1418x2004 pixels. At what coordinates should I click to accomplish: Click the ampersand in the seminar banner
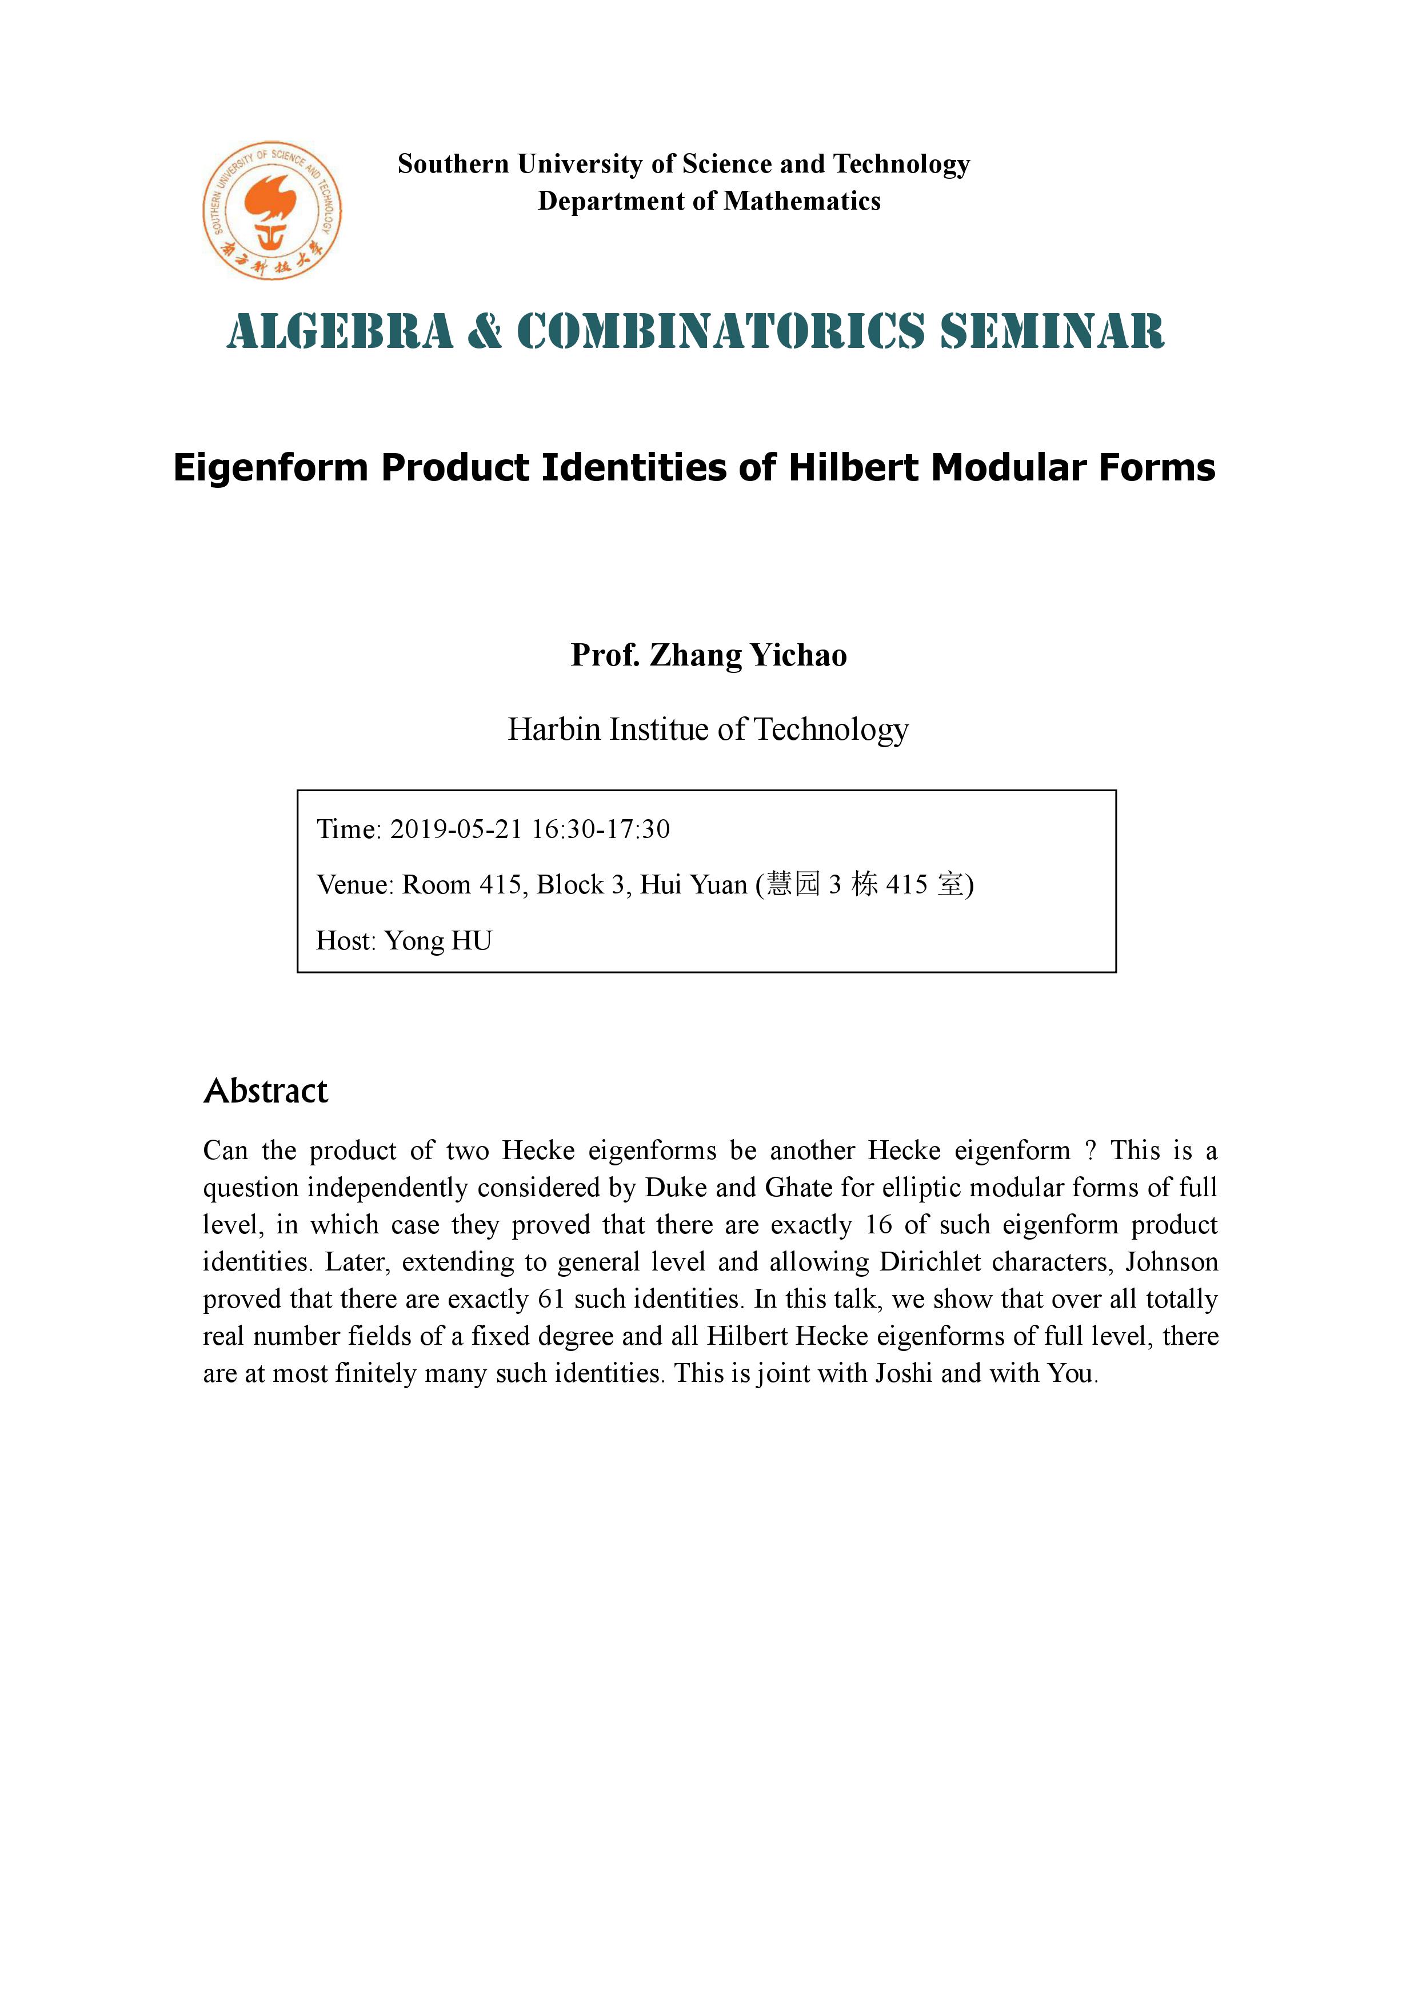pyautogui.click(x=485, y=332)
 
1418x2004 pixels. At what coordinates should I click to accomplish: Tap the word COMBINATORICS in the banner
pyautogui.click(x=720, y=332)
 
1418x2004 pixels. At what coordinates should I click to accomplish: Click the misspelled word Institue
pyautogui.click(x=658, y=729)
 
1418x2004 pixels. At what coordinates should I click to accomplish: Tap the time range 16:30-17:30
pyautogui.click(x=600, y=828)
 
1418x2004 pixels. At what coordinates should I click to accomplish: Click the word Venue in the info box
pyautogui.click(x=354, y=884)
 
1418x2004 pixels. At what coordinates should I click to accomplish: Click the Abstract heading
pyautogui.click(x=265, y=1091)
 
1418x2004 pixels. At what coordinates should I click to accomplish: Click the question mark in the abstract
pyautogui.click(x=1090, y=1151)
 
